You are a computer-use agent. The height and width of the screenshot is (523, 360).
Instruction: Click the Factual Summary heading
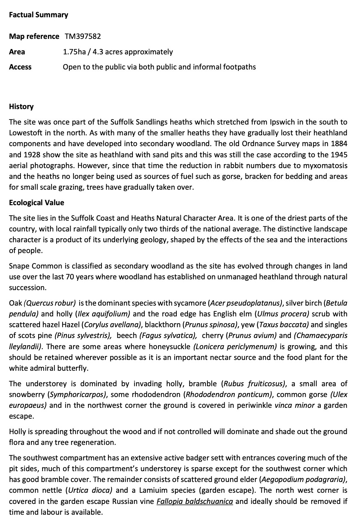click(x=38, y=15)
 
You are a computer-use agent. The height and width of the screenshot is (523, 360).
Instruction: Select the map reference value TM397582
click(x=83, y=36)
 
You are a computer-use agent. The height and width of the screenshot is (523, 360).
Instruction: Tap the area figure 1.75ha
click(x=75, y=52)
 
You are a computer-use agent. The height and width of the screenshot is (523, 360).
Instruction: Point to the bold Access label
click(x=20, y=67)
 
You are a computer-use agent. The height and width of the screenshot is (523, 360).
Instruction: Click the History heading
click(x=21, y=107)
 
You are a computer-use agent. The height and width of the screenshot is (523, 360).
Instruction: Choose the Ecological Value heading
click(x=36, y=203)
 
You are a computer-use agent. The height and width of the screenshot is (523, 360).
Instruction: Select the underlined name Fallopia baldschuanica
click(x=195, y=501)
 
